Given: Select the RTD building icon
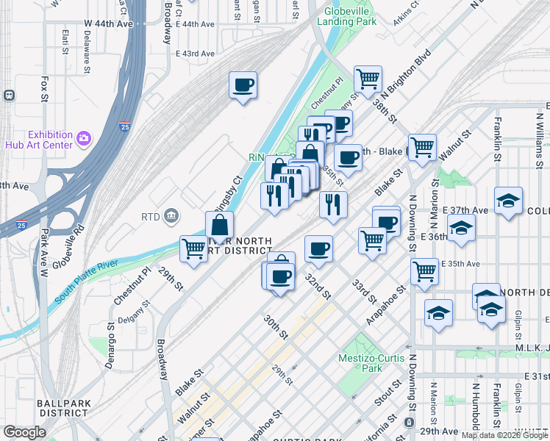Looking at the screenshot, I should (171, 215).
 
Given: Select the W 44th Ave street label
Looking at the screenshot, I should (108, 24).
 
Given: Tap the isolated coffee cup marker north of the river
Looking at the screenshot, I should (243, 85).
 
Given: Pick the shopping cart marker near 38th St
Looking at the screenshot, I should (367, 78).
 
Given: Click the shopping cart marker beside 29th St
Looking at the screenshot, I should (193, 248).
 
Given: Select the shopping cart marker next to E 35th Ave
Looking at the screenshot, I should (424, 270).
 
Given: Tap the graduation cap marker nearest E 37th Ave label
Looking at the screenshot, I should (508, 201).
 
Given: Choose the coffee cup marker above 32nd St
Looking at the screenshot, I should (318, 248).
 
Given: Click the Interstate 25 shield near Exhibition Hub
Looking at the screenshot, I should (125, 126).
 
